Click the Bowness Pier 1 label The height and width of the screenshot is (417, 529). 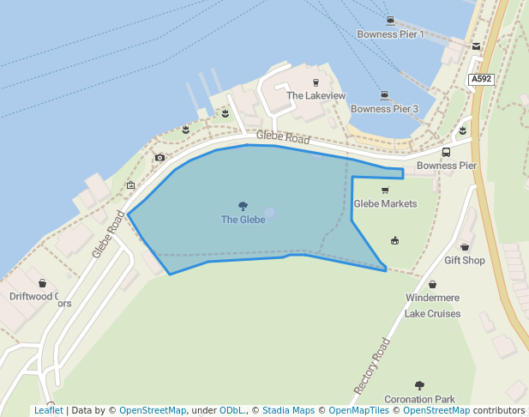pos(390,34)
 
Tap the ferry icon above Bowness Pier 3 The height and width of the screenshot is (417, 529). pos(384,95)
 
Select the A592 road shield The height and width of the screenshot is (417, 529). pos(482,79)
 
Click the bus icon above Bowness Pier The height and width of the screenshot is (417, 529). pos(446,152)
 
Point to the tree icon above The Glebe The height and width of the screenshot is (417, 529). pos(243,206)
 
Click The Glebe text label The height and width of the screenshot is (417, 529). pos(243,220)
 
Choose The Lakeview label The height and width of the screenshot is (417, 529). pos(316,96)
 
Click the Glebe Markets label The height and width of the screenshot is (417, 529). pos(385,204)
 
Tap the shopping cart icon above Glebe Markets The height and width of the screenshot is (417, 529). pos(384,190)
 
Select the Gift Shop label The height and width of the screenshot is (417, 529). pos(464,261)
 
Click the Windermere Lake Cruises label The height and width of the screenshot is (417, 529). pos(432,305)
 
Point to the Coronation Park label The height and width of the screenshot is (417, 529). pos(418,400)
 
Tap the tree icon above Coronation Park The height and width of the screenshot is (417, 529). pos(418,386)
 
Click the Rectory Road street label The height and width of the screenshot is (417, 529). pos(372,366)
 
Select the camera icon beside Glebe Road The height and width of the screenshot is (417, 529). pos(159,158)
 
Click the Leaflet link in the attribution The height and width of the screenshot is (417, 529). pos(48,411)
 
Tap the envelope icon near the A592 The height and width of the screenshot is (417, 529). pos(476,46)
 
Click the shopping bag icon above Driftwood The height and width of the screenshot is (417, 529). pos(42,282)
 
